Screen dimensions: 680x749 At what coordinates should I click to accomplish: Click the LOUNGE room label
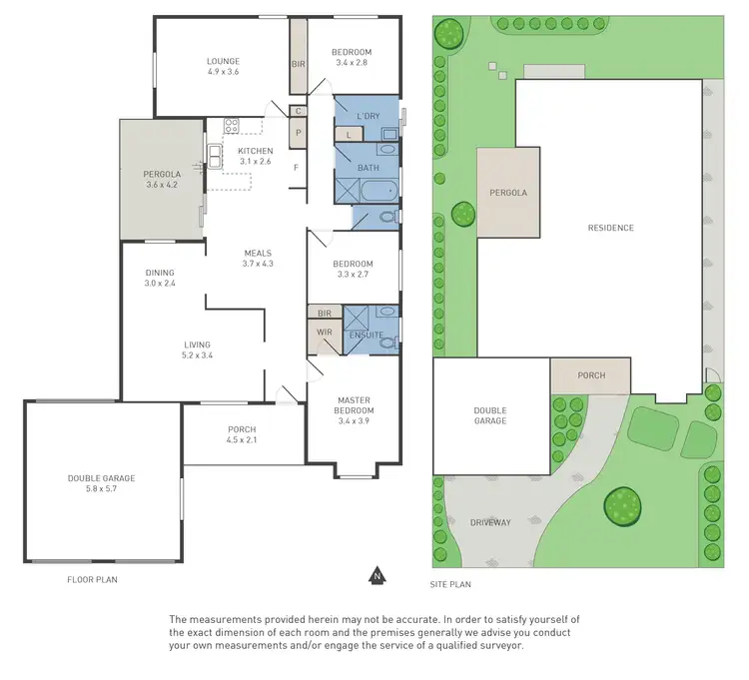223,61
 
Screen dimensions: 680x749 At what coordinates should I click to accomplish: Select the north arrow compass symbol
376,575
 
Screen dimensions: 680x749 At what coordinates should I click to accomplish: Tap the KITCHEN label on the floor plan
255,151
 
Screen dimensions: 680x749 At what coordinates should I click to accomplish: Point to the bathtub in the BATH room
378,192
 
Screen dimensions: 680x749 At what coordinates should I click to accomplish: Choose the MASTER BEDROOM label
354,405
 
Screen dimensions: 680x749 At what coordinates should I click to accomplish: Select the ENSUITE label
365,335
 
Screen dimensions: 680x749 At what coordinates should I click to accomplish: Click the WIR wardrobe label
324,332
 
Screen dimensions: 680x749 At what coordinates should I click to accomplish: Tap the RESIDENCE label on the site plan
610,228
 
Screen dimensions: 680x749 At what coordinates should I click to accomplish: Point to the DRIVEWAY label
490,522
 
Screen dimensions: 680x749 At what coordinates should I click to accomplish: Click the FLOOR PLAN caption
93,579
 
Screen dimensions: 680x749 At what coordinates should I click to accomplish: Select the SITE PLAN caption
451,584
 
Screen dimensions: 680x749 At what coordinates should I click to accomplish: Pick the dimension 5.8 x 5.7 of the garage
102,489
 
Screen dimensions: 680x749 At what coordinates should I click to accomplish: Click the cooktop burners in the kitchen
231,126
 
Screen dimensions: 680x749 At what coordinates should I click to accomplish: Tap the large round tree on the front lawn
622,504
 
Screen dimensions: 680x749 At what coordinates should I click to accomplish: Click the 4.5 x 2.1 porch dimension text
242,440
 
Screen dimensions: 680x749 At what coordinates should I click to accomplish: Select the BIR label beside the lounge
298,64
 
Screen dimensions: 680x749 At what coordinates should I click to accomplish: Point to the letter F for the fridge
297,167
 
